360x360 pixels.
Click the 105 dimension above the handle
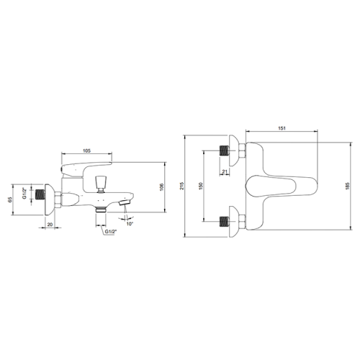pos(86,150)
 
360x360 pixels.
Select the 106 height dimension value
pos(161,187)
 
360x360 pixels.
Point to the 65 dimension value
pos(10,199)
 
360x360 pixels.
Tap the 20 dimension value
pos(50,225)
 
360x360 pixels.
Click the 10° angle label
pos(130,224)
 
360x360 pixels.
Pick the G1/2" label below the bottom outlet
pos(111,232)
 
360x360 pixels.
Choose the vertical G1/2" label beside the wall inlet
pos(24,194)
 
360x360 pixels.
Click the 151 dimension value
pos(282,128)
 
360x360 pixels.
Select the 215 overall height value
pos(181,186)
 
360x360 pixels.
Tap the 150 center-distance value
pos(201,186)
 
